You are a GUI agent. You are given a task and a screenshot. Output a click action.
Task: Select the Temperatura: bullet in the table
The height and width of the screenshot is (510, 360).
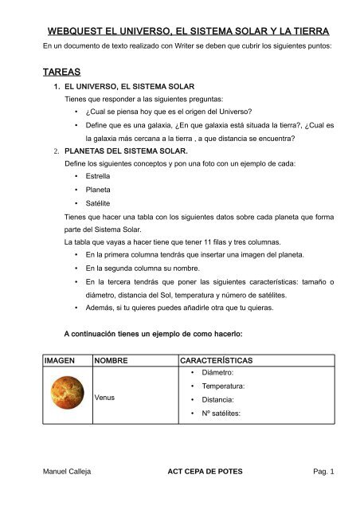[222, 386]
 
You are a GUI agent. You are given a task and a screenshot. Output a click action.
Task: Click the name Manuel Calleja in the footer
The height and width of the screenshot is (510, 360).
[66, 471]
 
